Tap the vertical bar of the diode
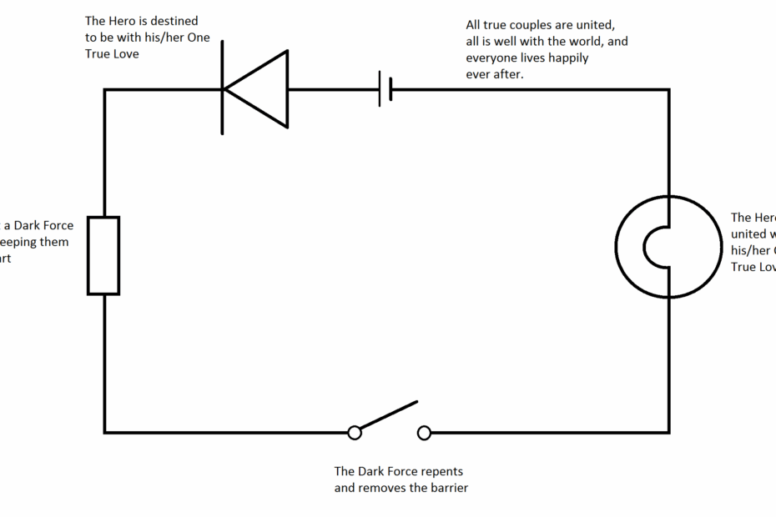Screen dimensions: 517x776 (x=223, y=89)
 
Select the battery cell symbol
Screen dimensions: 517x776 (x=385, y=89)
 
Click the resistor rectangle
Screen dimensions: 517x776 (x=103, y=255)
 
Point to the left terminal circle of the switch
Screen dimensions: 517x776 (x=355, y=433)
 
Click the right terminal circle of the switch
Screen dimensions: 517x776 (x=424, y=433)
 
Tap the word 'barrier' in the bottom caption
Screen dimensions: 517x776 (x=448, y=488)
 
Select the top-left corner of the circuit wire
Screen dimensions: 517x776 (x=104, y=89)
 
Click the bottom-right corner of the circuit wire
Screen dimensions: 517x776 (x=669, y=433)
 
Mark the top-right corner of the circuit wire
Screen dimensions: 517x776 (x=669, y=89)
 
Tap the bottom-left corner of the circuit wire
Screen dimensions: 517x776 (x=104, y=433)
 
